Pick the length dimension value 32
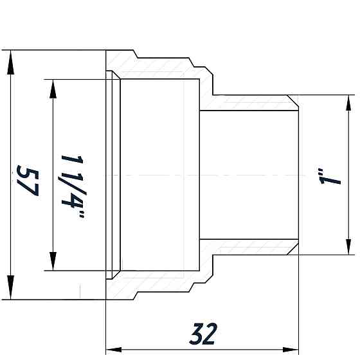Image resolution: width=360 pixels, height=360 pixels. [x=203, y=333]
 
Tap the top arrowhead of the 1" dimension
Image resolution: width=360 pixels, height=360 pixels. [x=348, y=103]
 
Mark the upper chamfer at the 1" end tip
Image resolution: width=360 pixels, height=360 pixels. [x=294, y=101]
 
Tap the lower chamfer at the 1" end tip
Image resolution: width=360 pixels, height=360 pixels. [x=294, y=249]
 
